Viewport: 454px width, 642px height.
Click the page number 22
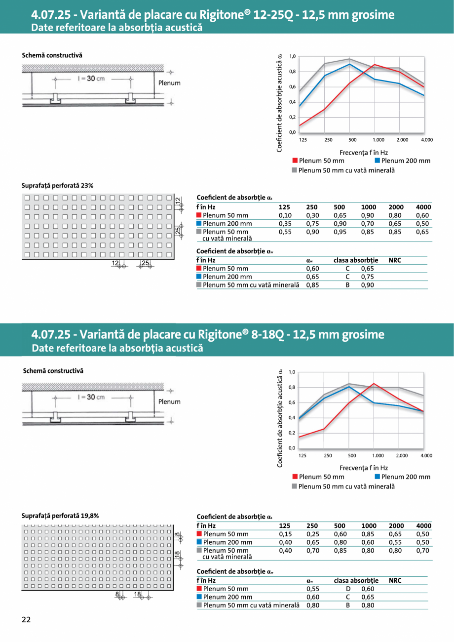tap(26, 620)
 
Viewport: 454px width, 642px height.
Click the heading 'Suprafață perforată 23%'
tap(57, 186)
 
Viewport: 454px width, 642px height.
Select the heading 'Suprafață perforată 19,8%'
tap(60, 516)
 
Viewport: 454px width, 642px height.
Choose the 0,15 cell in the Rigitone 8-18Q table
tap(285, 534)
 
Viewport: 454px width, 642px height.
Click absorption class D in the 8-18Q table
tap(348, 589)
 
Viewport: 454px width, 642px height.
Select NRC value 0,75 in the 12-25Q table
tap(367, 277)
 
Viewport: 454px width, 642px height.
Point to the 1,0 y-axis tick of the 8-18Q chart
tap(292, 372)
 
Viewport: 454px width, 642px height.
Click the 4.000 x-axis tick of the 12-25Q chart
tap(427, 140)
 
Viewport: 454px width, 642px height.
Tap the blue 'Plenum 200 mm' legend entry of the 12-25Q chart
tap(402, 160)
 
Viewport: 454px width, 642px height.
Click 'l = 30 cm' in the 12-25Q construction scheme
tap(92, 79)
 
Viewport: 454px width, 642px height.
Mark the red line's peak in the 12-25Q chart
tap(375, 64)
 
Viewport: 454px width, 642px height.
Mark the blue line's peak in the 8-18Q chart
tap(349, 386)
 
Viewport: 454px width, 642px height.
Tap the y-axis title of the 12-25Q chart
tap(280, 102)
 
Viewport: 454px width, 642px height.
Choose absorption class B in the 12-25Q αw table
tap(348, 285)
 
